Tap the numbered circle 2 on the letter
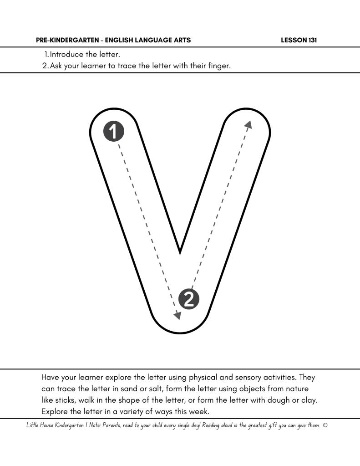[x=189, y=298]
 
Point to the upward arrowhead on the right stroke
[x=248, y=124]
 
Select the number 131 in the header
[x=311, y=41]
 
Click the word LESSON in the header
[x=294, y=41]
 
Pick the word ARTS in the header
[x=182, y=41]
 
